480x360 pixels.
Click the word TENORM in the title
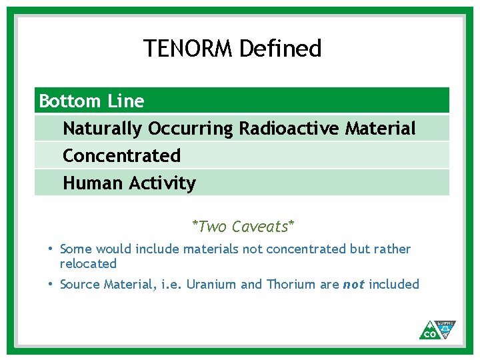(x=189, y=49)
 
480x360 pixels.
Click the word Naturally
(x=103, y=128)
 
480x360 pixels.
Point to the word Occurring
(x=191, y=128)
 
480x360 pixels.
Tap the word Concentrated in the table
(x=121, y=156)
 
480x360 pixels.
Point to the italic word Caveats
(x=261, y=227)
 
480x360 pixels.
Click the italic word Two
(x=212, y=227)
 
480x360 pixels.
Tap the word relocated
(x=88, y=263)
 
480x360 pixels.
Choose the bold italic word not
(x=353, y=285)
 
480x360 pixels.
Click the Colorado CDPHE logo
(x=437, y=329)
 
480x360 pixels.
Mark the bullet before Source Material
(x=51, y=284)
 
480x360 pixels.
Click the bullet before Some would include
(x=51, y=249)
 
